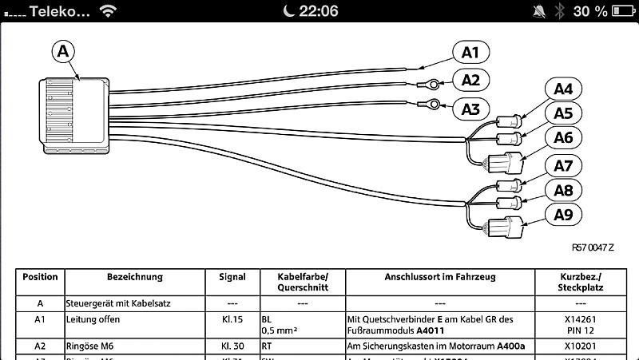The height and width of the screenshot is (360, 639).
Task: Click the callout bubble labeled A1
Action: (470, 53)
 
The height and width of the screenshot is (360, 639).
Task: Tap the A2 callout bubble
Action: (470, 79)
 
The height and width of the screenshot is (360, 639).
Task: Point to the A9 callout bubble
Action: (564, 214)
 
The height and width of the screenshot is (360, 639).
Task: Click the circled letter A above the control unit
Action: (64, 50)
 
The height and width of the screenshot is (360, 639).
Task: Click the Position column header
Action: (40, 277)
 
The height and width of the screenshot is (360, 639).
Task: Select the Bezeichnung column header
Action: (134, 277)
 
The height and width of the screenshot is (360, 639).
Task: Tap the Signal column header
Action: (232, 277)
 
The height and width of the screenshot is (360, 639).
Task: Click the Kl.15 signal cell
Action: (232, 318)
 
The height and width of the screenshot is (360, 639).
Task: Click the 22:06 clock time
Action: (317, 11)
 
